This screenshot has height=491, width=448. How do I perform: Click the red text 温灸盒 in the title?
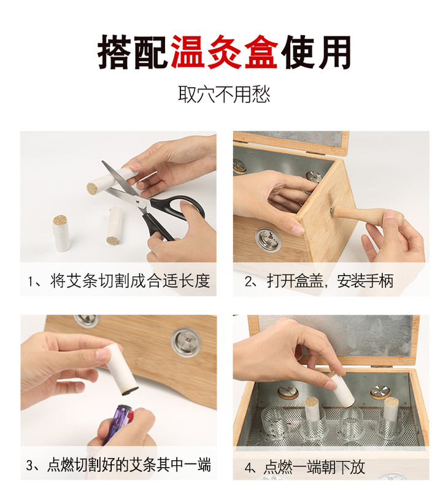[x=224, y=52]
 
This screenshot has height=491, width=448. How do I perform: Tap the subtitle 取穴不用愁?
[x=224, y=94]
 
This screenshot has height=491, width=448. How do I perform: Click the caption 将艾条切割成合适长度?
[x=130, y=280]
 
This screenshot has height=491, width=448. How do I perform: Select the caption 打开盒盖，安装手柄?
[x=330, y=280]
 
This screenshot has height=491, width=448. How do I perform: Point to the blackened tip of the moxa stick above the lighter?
[x=130, y=390]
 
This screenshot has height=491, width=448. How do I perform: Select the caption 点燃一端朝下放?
[x=314, y=467]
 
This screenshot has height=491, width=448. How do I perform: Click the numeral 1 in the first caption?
[x=30, y=281]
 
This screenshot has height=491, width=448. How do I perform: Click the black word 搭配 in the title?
[x=134, y=52]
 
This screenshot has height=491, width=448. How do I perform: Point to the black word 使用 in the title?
[x=315, y=52]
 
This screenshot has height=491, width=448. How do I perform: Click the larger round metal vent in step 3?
[x=187, y=342]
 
